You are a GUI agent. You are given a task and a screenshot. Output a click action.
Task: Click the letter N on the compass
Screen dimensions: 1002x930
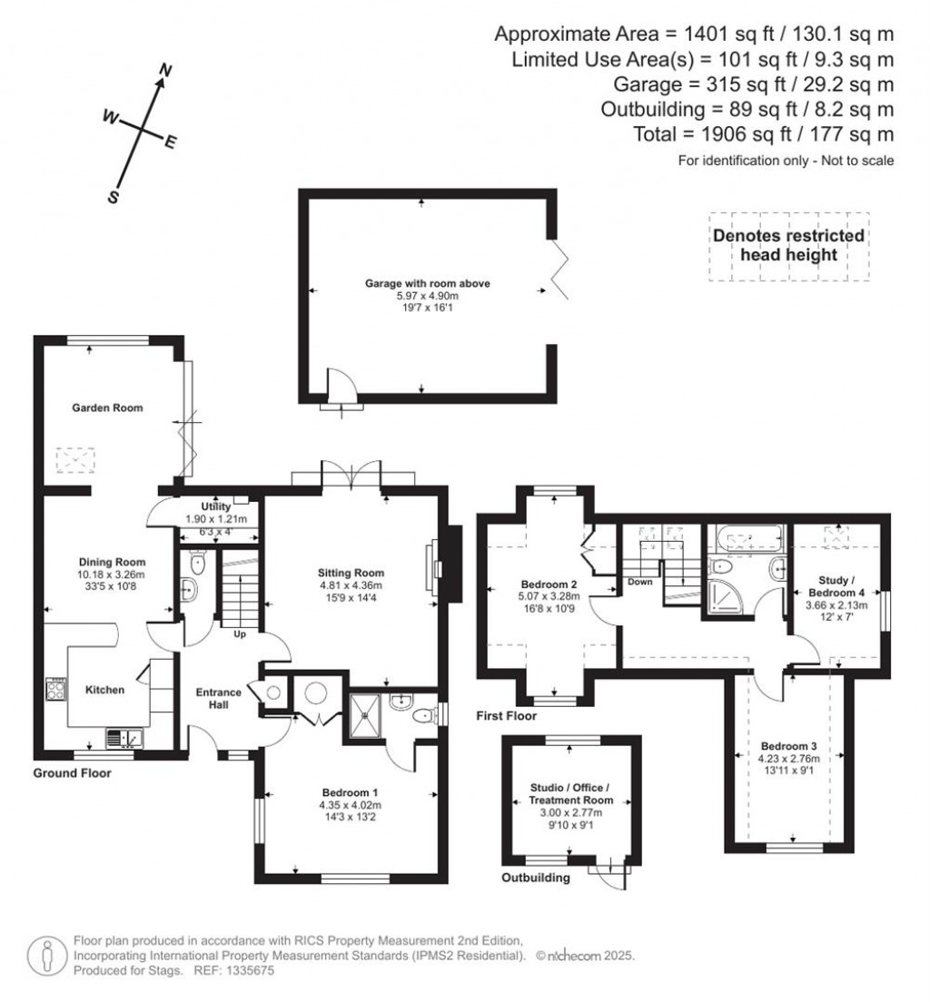(x=165, y=70)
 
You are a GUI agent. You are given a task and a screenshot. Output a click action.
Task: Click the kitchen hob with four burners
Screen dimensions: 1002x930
(x=54, y=690)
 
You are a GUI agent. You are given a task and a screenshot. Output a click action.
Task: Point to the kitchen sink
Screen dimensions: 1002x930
(x=123, y=737)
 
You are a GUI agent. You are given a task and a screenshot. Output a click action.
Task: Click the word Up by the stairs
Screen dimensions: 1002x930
(x=242, y=634)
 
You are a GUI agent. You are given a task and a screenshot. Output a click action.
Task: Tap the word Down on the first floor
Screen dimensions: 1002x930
(x=640, y=583)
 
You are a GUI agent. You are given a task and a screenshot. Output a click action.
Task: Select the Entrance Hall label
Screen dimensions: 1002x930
(x=220, y=699)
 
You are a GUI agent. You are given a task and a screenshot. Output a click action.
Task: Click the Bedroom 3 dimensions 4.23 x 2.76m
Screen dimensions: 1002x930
(x=789, y=759)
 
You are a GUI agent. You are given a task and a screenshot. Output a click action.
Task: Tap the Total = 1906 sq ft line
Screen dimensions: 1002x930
(x=763, y=134)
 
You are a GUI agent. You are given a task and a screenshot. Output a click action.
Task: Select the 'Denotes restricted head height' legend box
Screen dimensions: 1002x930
(x=788, y=245)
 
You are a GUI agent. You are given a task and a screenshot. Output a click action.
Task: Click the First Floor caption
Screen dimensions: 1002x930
(x=507, y=716)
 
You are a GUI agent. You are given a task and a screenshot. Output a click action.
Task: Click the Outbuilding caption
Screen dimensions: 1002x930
(x=537, y=878)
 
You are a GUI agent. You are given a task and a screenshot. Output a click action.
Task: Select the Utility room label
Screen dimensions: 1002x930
(x=215, y=507)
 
